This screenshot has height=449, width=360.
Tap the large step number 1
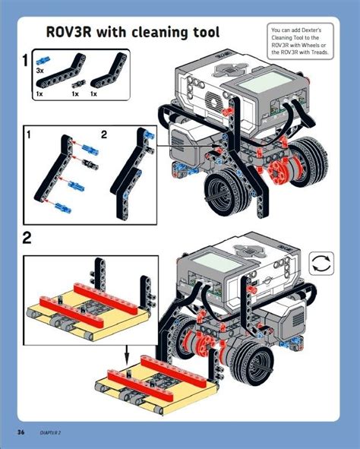point(26,60)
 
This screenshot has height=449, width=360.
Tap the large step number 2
point(27,239)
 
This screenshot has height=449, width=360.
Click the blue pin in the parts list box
point(44,58)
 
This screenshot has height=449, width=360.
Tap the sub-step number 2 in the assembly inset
point(105,134)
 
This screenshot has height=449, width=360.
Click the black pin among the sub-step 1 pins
point(89,163)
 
